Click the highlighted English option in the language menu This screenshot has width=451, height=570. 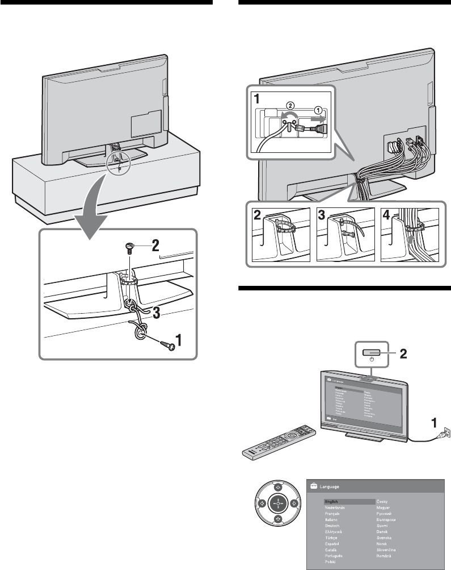[332, 502]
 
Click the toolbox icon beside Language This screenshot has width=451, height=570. [313, 486]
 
